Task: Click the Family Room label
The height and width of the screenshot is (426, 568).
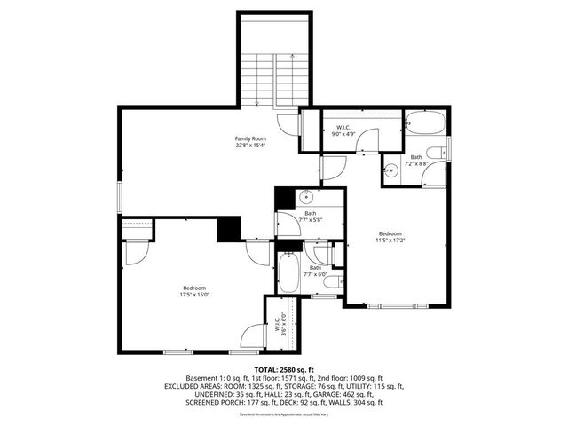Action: tap(250, 142)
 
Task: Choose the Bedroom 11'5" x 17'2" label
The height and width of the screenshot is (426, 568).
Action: tap(390, 237)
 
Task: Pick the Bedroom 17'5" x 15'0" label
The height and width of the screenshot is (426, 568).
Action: tap(195, 292)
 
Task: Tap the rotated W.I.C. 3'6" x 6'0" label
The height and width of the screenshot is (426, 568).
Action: tap(281, 323)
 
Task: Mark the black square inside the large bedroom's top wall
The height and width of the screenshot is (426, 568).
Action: tap(230, 228)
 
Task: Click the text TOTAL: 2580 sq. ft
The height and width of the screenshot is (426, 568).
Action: tap(283, 369)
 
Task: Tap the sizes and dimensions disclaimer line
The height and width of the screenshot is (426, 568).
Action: tap(284, 414)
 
